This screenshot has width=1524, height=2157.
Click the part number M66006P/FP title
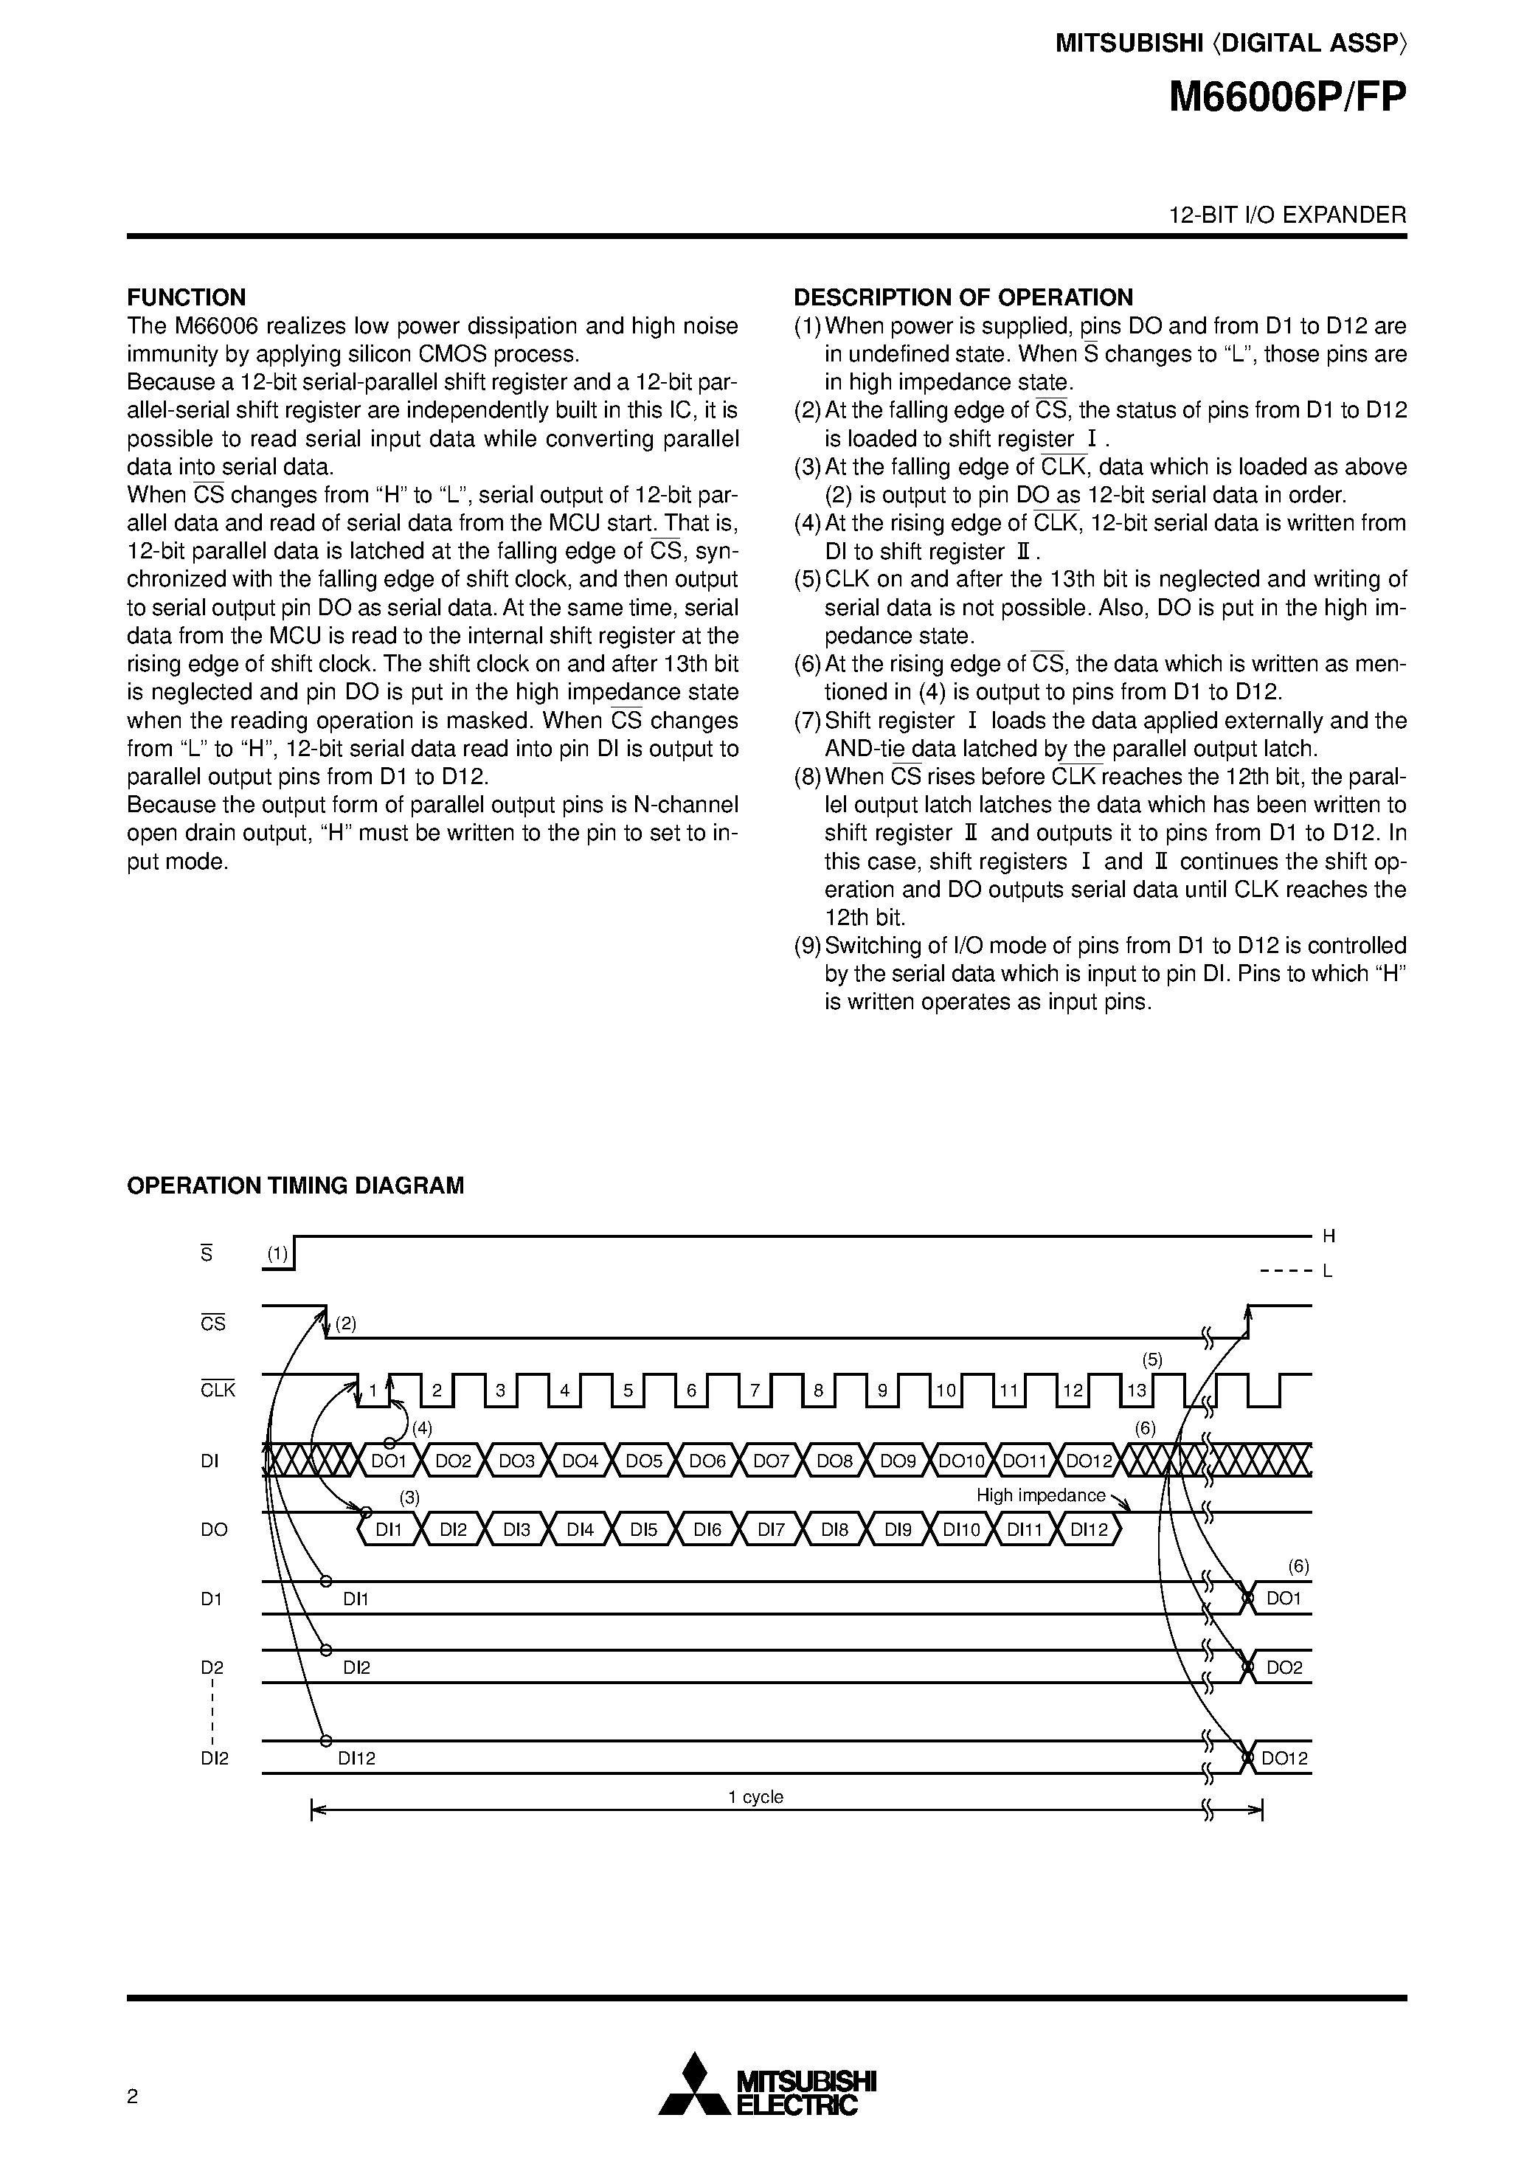1287,97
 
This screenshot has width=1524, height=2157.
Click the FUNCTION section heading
186,298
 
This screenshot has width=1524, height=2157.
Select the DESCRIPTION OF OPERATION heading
963,298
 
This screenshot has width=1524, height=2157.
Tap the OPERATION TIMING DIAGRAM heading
295,1185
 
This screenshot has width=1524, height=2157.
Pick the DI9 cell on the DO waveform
898,1529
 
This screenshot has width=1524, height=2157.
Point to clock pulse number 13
1136,1391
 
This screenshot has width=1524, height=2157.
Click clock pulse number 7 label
755,1391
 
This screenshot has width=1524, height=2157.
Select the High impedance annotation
1041,1495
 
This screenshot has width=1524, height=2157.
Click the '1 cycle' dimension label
755,1797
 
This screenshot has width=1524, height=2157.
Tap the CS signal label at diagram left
213,1323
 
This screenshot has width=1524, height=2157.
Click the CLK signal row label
218,1391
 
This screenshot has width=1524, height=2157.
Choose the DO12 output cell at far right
1284,1759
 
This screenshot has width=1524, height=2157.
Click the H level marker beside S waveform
1329,1236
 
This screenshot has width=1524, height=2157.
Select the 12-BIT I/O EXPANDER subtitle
1287,215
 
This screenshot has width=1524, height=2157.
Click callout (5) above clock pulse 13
1153,1360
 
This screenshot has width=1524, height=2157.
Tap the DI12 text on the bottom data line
357,1759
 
